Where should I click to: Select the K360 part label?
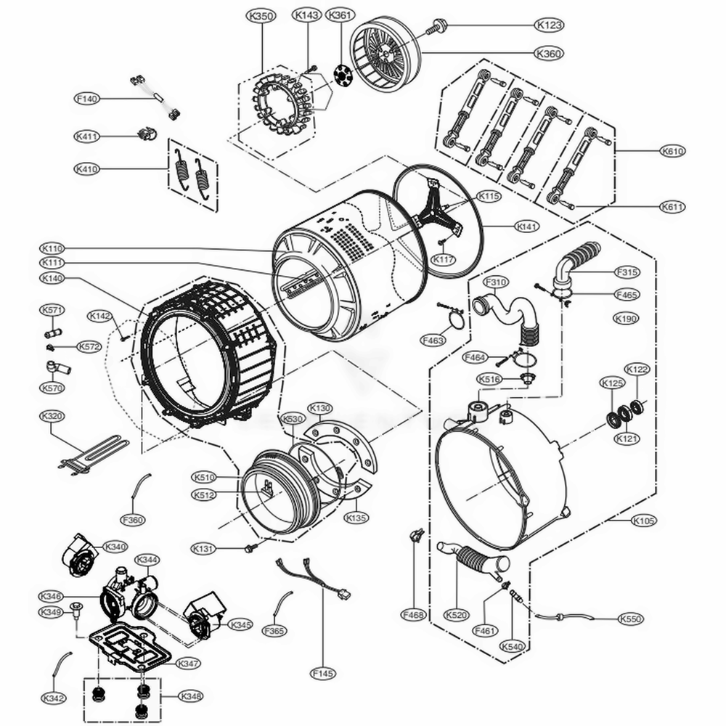(549, 53)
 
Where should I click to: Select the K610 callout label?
(672, 152)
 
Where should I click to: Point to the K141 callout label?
(527, 227)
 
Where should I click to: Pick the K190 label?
(625, 318)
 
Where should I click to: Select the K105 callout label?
(643, 521)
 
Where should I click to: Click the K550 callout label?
(631, 619)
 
